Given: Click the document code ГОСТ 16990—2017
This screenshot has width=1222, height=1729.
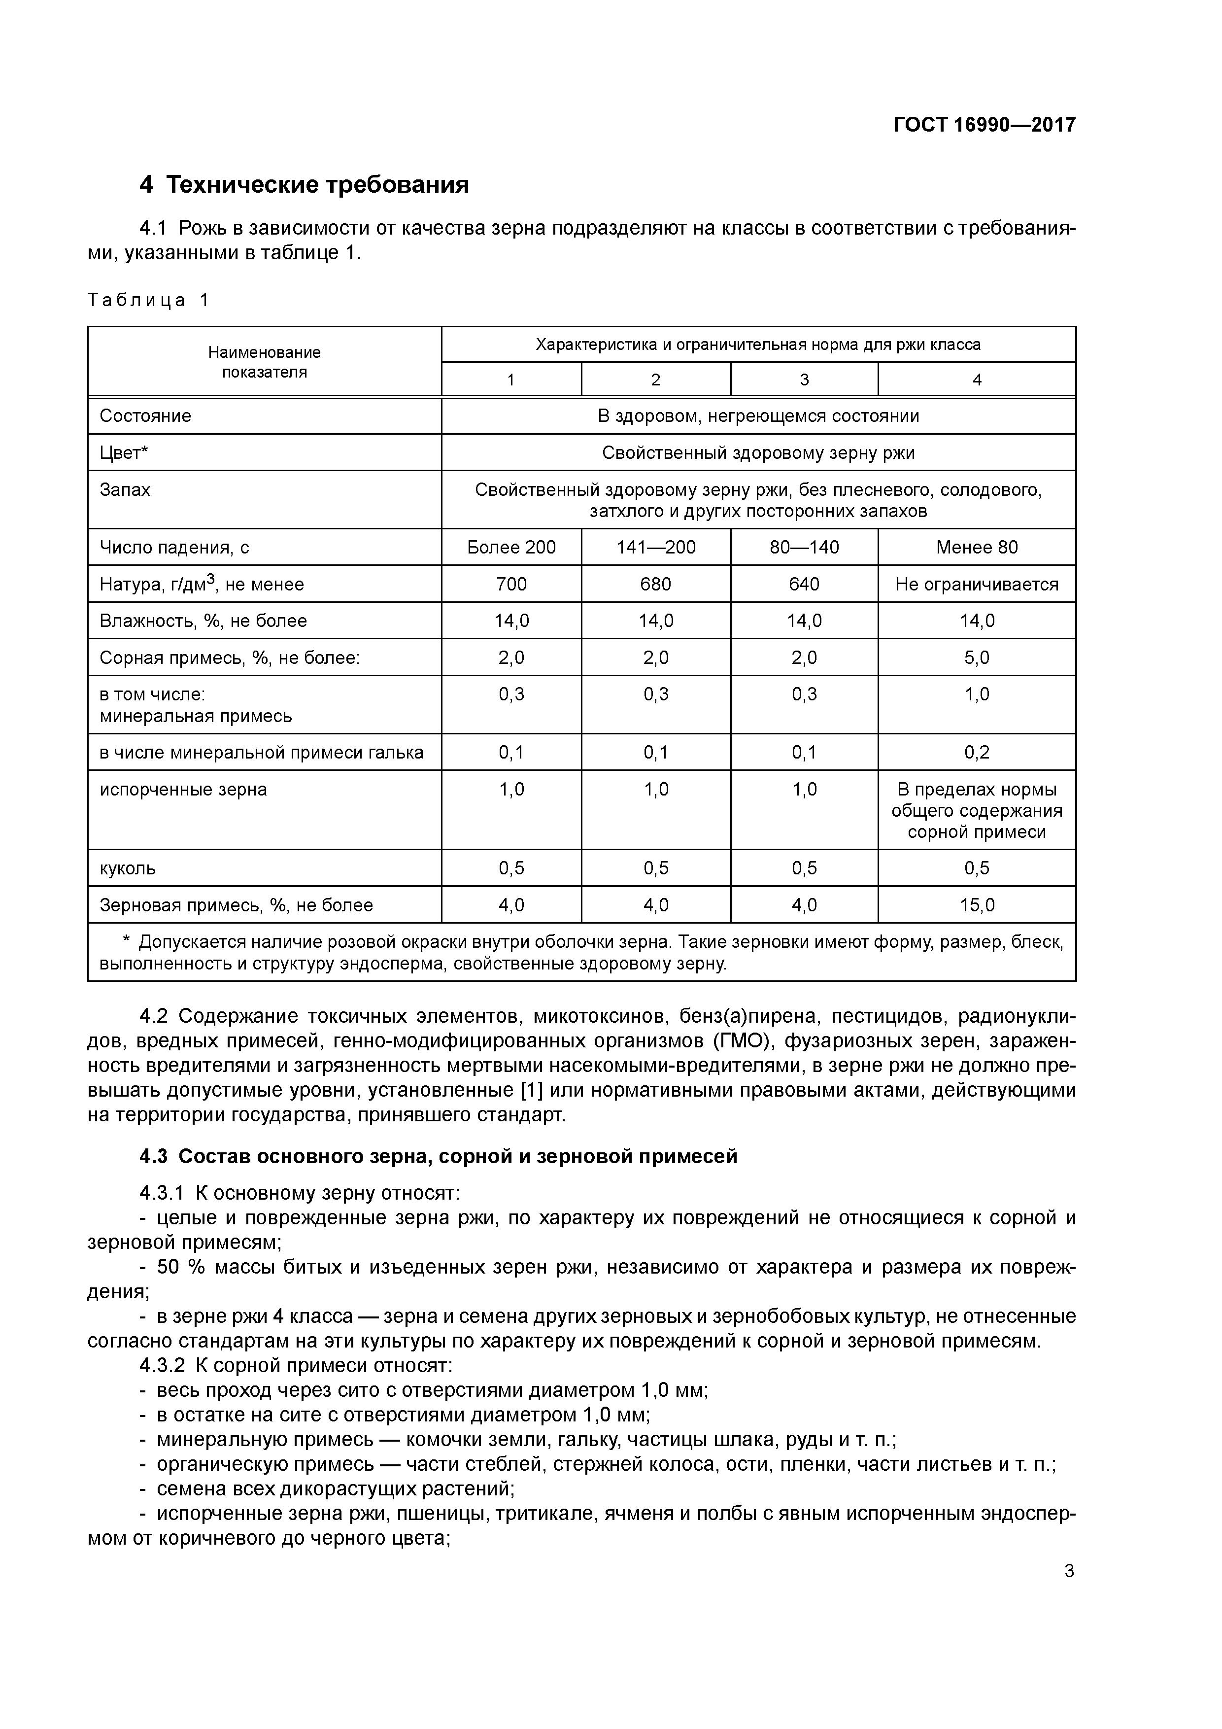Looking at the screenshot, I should pyautogui.click(x=984, y=125).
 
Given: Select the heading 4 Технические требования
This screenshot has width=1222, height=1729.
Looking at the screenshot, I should pyautogui.click(x=304, y=184).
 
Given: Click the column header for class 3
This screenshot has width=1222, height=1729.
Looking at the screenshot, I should pyautogui.click(x=804, y=380).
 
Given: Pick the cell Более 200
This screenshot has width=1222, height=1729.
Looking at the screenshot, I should pyautogui.click(x=511, y=548).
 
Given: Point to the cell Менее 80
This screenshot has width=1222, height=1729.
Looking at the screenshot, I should pyautogui.click(x=977, y=548).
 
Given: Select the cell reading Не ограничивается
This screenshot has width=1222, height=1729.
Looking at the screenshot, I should pyautogui.click(x=977, y=585).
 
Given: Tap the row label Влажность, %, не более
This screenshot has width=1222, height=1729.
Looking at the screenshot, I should pyautogui.click(x=204, y=621).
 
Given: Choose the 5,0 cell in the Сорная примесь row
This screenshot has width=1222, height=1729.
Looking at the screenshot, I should pyautogui.click(x=977, y=658).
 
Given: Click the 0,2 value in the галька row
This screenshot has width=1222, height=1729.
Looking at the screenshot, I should pyautogui.click(x=977, y=752).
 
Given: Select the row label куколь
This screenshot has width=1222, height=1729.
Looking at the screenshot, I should pyautogui.click(x=128, y=868).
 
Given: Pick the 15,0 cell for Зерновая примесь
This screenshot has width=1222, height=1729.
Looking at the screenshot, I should pyautogui.click(x=977, y=905).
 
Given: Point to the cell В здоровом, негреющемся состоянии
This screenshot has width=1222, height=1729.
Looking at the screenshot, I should pyautogui.click(x=758, y=416).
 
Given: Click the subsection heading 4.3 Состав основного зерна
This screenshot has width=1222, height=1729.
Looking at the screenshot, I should pyautogui.click(x=438, y=1157).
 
